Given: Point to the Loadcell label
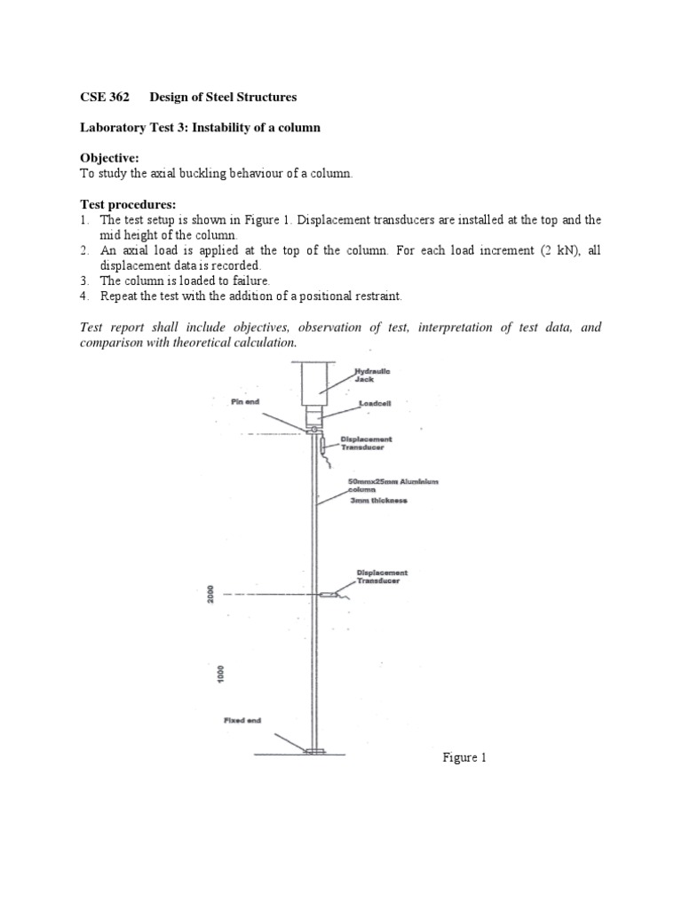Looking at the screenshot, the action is [x=375, y=402].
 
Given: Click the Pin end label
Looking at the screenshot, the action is [x=243, y=402].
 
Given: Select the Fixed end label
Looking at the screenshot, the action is [x=242, y=720].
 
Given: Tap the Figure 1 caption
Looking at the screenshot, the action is [x=465, y=758].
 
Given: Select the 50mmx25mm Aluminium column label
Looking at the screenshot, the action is [x=391, y=485].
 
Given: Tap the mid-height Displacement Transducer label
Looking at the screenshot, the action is [x=382, y=577].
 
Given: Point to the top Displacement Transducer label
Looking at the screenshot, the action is [x=366, y=443].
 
